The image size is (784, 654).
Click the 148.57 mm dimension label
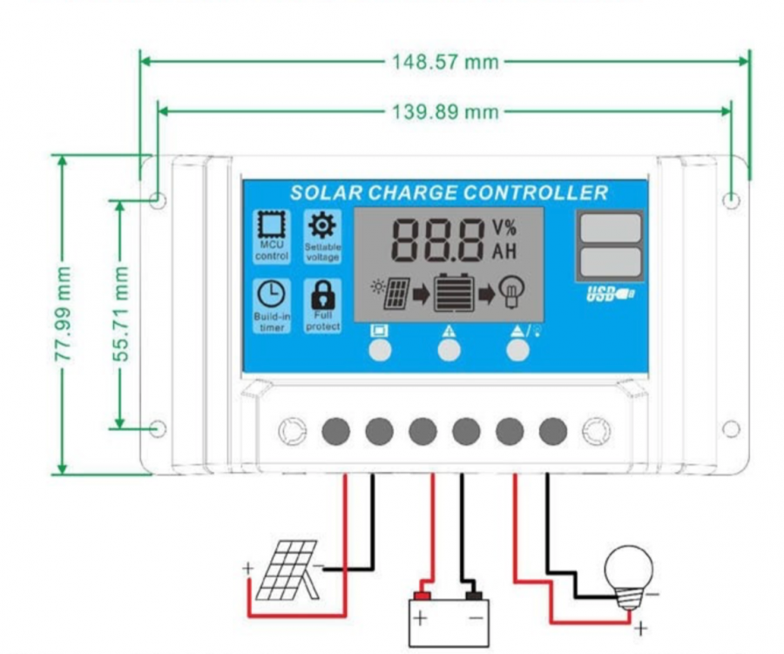(x=444, y=62)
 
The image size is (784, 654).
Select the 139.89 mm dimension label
(x=444, y=111)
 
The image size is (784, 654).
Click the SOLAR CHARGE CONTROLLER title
(x=449, y=192)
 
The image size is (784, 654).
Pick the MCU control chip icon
(x=271, y=225)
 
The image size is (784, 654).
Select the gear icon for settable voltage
(x=322, y=225)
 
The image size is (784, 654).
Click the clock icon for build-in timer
(x=271, y=294)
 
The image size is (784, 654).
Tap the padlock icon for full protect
(x=322, y=294)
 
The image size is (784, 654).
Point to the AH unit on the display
(x=504, y=253)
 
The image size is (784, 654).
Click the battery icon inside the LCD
(x=455, y=293)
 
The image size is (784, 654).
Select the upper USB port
(x=609, y=228)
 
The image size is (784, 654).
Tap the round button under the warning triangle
(x=449, y=350)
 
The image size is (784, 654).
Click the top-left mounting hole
(x=158, y=201)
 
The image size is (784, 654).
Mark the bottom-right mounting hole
(x=731, y=428)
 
